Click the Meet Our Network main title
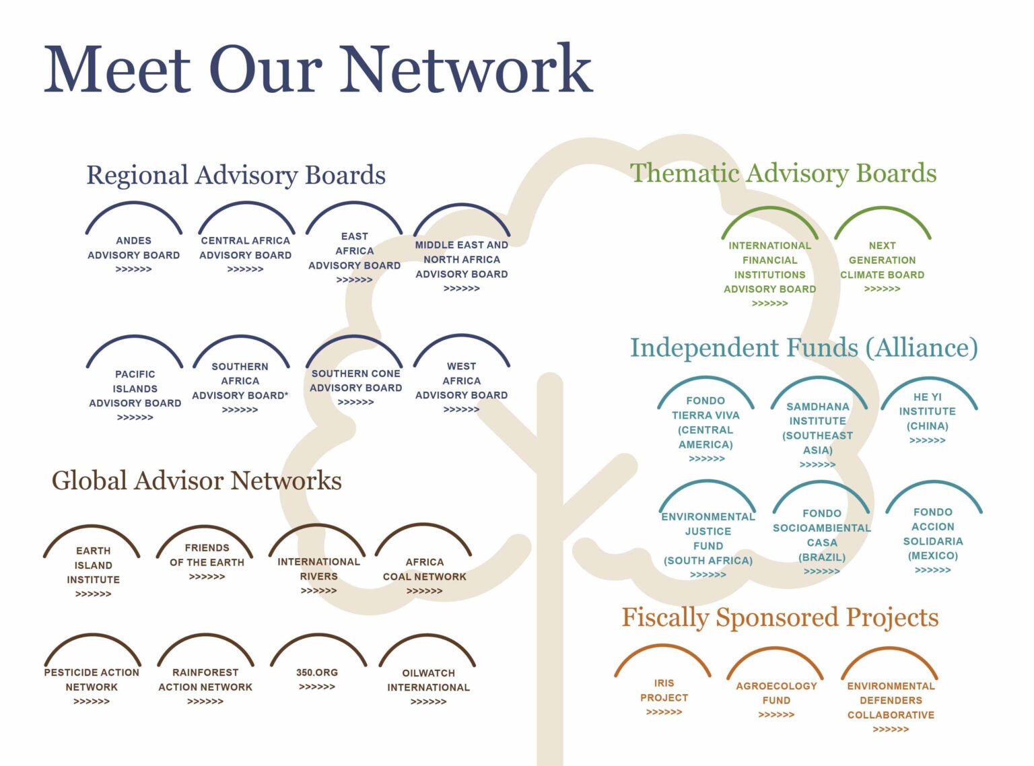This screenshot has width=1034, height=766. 318,69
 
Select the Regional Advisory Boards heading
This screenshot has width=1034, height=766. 236,175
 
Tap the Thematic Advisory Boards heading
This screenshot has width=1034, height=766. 783,173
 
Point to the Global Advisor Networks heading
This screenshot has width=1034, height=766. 197,481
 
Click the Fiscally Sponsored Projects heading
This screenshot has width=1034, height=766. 780,617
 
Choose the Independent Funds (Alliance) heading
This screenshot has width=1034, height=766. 804,347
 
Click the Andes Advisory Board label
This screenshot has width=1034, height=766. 133,248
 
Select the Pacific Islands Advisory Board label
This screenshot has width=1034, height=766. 135,388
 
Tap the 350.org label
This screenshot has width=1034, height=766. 316,672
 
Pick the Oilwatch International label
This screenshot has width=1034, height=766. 428,680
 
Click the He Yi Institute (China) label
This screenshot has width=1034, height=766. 927,411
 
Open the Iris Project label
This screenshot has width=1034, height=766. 664,690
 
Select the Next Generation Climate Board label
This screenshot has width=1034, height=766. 882,260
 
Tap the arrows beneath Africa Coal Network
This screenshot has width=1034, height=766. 424,591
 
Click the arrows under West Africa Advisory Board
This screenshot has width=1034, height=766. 461,409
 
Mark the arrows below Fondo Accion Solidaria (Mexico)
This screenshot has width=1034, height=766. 932,570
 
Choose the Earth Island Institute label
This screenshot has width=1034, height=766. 93,565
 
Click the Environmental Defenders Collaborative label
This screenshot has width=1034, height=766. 891,700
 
